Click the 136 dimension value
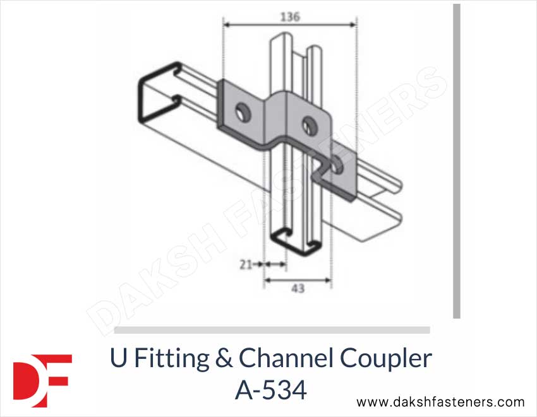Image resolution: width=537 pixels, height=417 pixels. (x=290, y=17)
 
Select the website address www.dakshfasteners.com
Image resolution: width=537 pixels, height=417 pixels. (x=440, y=402)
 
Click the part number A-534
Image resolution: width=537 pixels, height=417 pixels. (x=271, y=391)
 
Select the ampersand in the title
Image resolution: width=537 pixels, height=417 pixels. (x=224, y=359)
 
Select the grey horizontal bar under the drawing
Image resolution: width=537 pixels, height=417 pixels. (x=272, y=330)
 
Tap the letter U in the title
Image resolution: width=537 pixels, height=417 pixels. (x=118, y=359)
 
